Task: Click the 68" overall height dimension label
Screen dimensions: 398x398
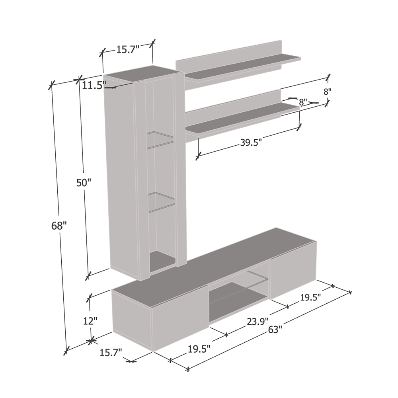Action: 59,225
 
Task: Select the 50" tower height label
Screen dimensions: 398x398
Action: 84,183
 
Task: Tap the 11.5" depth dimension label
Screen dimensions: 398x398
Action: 92,86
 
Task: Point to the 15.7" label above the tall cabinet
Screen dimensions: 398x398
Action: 128,49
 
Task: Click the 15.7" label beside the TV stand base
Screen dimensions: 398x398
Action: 111,352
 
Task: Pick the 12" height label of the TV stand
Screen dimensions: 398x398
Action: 90,321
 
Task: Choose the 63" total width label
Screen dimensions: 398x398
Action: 275,330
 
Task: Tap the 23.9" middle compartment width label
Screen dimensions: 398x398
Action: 258,322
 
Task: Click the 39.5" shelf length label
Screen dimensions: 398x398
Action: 251,142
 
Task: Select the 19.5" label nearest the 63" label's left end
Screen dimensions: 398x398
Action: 199,349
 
